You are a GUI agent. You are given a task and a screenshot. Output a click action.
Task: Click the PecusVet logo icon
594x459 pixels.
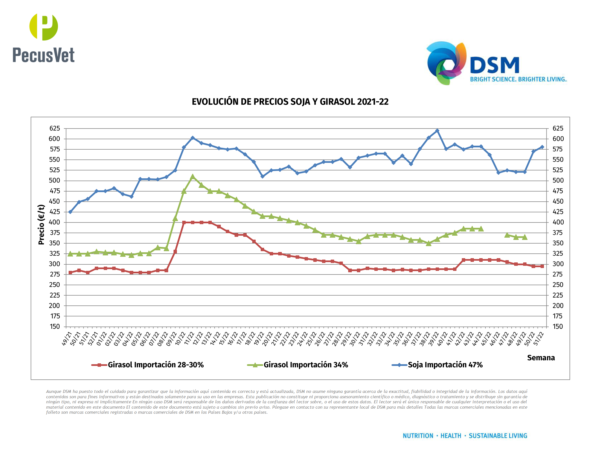tap(44, 27)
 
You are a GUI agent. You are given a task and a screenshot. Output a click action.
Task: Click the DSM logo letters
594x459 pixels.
tap(494, 65)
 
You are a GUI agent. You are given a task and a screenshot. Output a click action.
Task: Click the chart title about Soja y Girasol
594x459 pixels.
tap(290, 102)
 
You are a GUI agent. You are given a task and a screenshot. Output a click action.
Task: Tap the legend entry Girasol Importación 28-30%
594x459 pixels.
tap(155, 365)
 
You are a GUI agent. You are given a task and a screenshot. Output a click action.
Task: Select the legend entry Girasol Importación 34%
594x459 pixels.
tap(305, 365)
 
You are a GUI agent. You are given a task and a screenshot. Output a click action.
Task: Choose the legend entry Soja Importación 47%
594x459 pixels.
tap(445, 365)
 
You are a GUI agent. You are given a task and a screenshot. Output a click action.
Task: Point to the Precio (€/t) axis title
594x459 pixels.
tap(41, 224)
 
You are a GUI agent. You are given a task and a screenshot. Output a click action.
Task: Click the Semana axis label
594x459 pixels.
tap(541, 358)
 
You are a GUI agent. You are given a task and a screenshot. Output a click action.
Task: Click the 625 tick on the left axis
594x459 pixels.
tap(55, 129)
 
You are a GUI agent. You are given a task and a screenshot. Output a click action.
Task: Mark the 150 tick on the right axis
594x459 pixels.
tap(557, 327)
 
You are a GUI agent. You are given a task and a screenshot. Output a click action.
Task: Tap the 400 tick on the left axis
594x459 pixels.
tap(55, 222)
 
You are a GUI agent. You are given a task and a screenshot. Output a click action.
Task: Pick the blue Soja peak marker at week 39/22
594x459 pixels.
tap(437, 131)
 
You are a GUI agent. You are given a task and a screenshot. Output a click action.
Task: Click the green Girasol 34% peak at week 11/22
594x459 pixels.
tap(193, 177)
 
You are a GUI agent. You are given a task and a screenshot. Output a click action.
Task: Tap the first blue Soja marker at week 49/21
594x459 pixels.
tap(70, 212)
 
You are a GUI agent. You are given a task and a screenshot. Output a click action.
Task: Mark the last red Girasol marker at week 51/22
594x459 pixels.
tap(542, 266)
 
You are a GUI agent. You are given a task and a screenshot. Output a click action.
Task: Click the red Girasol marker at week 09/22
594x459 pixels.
tap(175, 252)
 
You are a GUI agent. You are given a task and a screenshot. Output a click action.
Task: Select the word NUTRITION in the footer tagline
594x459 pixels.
tap(418, 436)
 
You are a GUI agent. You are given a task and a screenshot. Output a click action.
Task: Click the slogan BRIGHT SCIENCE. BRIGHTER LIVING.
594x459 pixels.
tap(518, 79)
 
